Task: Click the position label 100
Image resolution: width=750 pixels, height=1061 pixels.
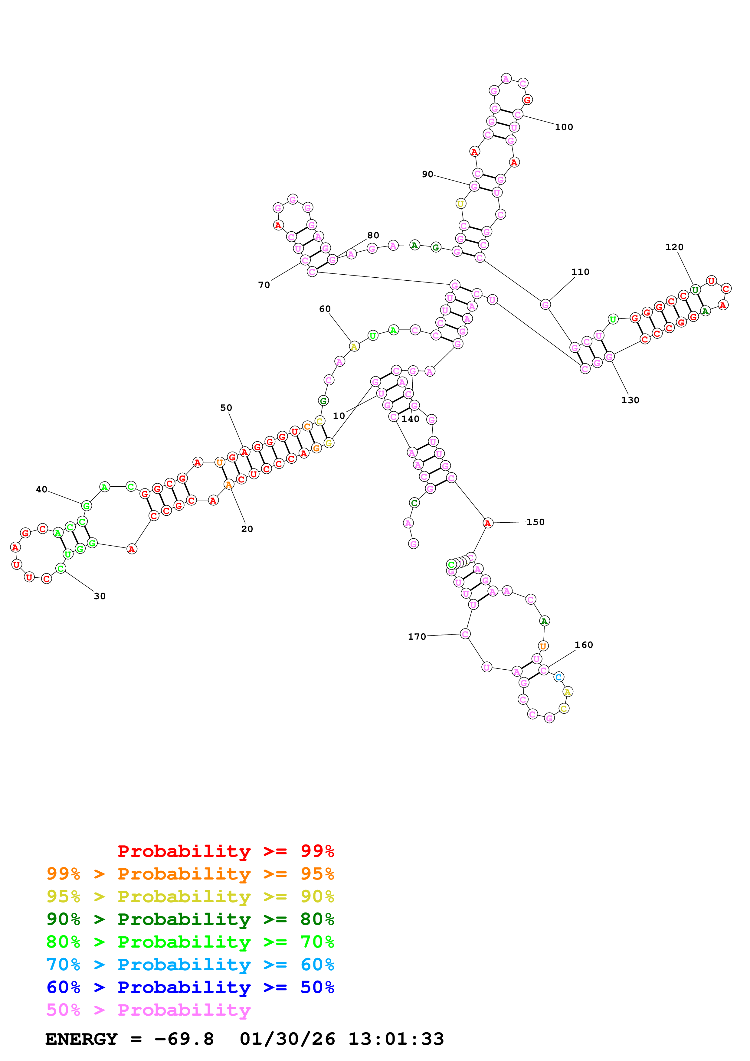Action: click(564, 127)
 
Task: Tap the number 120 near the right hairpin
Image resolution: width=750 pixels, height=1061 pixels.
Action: click(674, 247)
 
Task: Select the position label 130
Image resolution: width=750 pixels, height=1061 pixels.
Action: click(630, 400)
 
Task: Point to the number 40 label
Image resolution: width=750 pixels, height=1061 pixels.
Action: click(41, 489)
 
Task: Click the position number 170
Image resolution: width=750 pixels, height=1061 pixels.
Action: click(417, 637)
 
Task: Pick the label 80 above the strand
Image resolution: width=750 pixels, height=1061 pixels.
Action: click(373, 235)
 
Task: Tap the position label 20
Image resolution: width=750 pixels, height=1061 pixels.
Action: click(247, 529)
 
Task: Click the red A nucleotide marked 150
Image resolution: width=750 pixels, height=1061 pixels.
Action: click(487, 523)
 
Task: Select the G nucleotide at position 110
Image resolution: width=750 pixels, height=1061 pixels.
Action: click(545, 305)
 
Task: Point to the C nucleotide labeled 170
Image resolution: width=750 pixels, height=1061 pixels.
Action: click(465, 634)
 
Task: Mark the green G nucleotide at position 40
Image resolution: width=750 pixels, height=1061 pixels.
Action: click(87, 506)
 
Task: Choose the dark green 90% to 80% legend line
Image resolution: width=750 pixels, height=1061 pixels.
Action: click(190, 919)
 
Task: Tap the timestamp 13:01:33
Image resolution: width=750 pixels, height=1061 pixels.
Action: click(396, 1039)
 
